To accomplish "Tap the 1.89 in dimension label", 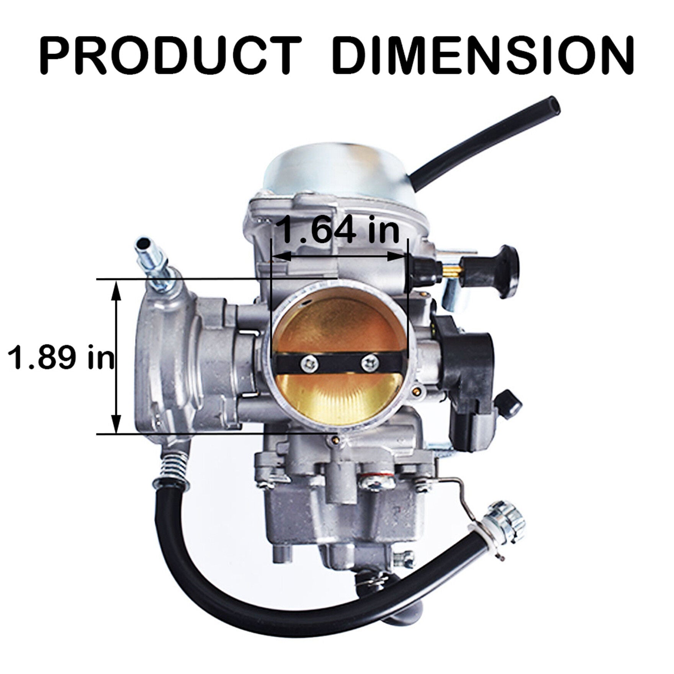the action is pos(62,357).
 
